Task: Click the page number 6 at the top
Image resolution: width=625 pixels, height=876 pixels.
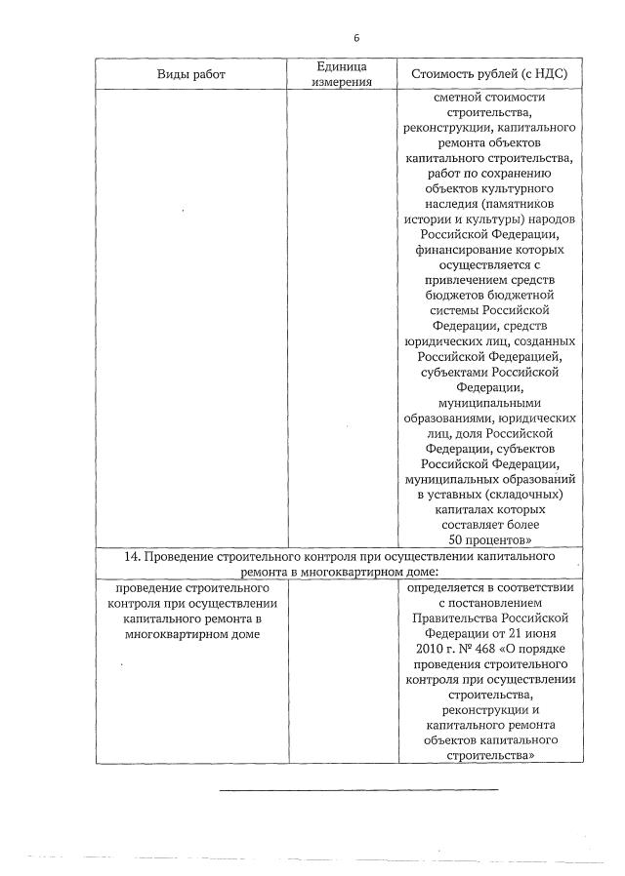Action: tap(356, 38)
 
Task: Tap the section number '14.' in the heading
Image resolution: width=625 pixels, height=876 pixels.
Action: tap(135, 557)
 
